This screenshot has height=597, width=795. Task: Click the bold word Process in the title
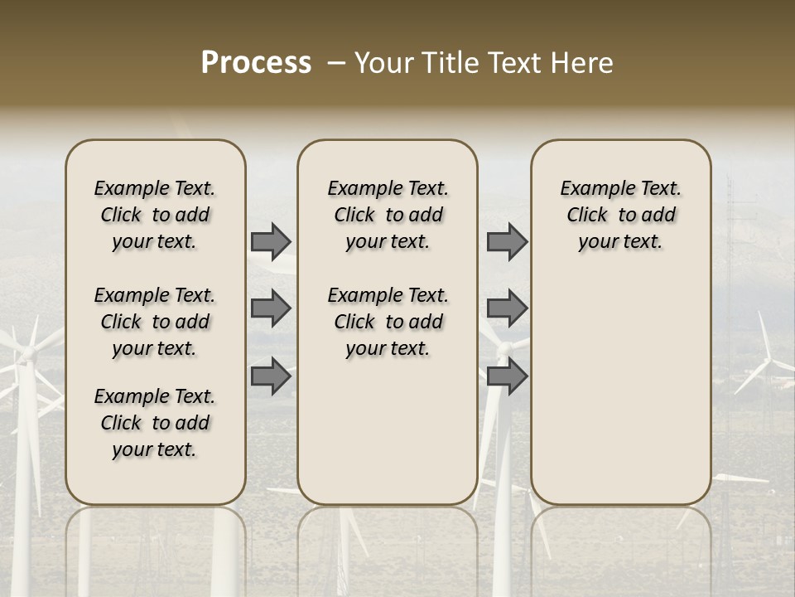click(256, 63)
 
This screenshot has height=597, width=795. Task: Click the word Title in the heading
click(448, 63)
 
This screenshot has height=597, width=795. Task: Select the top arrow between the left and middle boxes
click(271, 242)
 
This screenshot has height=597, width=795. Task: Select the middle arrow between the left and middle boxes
click(271, 308)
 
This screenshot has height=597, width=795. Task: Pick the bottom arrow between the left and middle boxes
click(271, 376)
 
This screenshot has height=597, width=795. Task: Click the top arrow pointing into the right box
click(507, 242)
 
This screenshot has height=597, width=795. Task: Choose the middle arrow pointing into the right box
click(507, 308)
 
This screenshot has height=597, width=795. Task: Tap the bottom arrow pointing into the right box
click(507, 376)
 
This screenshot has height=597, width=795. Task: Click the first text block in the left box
click(155, 215)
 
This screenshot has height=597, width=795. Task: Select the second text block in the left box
click(155, 322)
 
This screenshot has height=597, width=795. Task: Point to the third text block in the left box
click(155, 423)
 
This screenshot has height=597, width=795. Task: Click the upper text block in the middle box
click(388, 215)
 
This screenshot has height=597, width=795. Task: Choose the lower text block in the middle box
click(388, 322)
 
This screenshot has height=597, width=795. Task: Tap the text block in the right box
click(621, 215)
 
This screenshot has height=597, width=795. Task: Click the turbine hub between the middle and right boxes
click(502, 352)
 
